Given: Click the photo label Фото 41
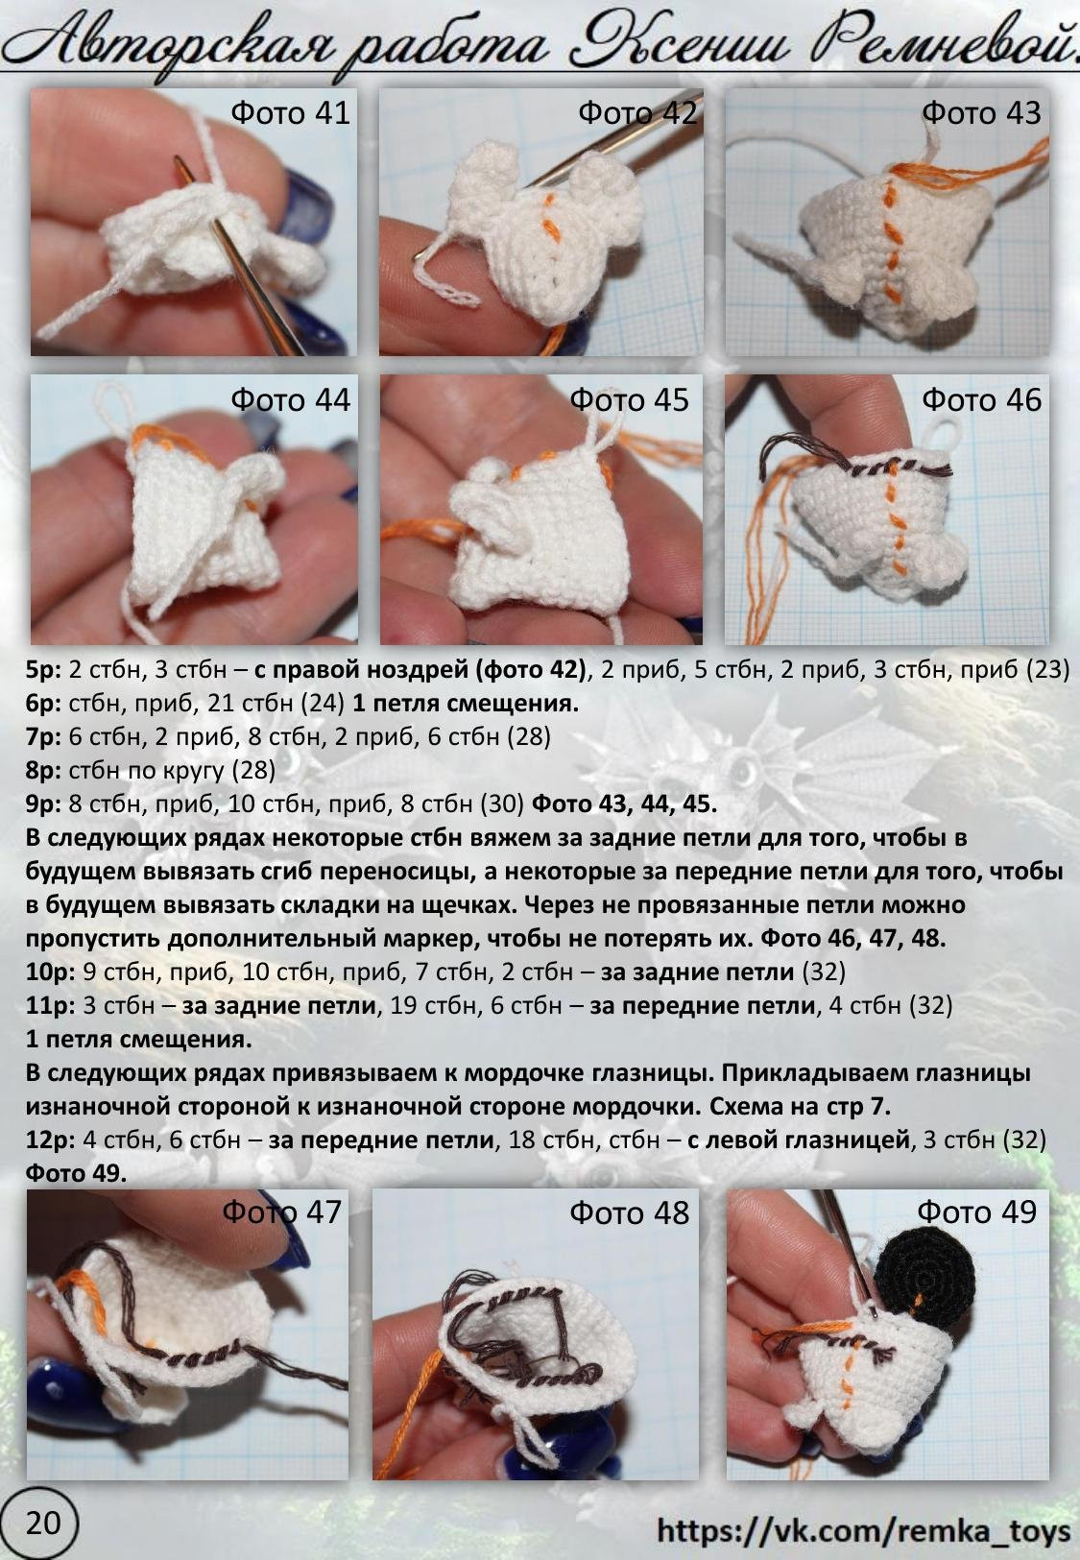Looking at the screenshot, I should pyautogui.click(x=290, y=113).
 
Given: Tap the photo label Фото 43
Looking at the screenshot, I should pyautogui.click(x=980, y=113).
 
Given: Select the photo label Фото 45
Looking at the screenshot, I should pyautogui.click(x=629, y=399).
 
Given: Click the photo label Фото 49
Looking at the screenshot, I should pyautogui.click(x=976, y=1212).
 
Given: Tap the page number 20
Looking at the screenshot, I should pyautogui.click(x=42, y=1523).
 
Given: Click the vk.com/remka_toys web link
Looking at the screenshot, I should pyautogui.click(x=863, y=1530).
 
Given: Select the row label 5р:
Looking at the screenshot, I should pyautogui.click(x=43, y=669).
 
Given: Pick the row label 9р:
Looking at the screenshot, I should pyautogui.click(x=43, y=804).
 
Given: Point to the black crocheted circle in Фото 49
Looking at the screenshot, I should pyautogui.click(x=924, y=1272).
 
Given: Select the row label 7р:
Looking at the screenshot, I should pyautogui.click(x=43, y=736).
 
